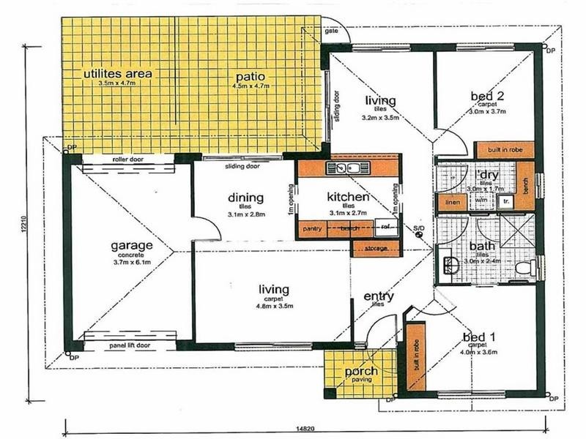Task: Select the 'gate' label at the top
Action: click(331, 31)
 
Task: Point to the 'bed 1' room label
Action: click(479, 337)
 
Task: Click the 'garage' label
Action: click(132, 245)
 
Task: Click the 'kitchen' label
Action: click(347, 197)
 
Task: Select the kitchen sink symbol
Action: click(349, 169)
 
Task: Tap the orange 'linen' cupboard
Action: click(451, 201)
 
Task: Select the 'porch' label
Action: click(361, 371)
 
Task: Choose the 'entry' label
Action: click(379, 296)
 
